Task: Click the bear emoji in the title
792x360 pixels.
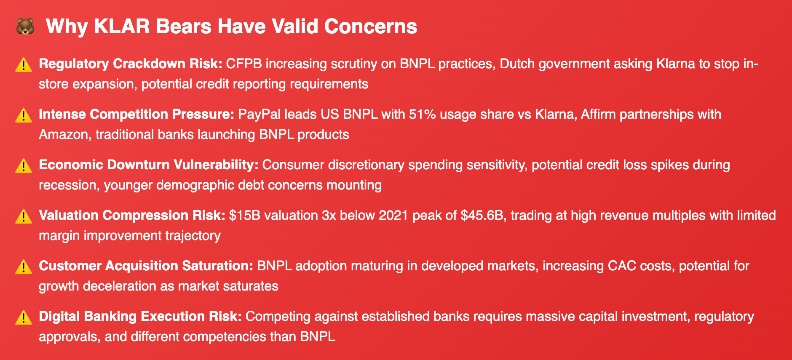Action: [25, 27]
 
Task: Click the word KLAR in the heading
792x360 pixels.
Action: [122, 27]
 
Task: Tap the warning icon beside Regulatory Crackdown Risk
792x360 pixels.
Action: [24, 65]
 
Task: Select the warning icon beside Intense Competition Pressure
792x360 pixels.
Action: [24, 115]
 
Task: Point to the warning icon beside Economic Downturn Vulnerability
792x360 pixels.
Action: [24, 166]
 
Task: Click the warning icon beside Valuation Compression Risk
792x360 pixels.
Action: [24, 216]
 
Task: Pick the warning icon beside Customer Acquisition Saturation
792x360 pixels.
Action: [24, 267]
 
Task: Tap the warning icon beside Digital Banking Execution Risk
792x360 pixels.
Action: [24, 317]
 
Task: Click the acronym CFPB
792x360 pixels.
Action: [244, 64]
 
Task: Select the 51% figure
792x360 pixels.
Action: [423, 114]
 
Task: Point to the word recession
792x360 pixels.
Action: [68, 185]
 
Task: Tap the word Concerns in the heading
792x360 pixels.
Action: [371, 27]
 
